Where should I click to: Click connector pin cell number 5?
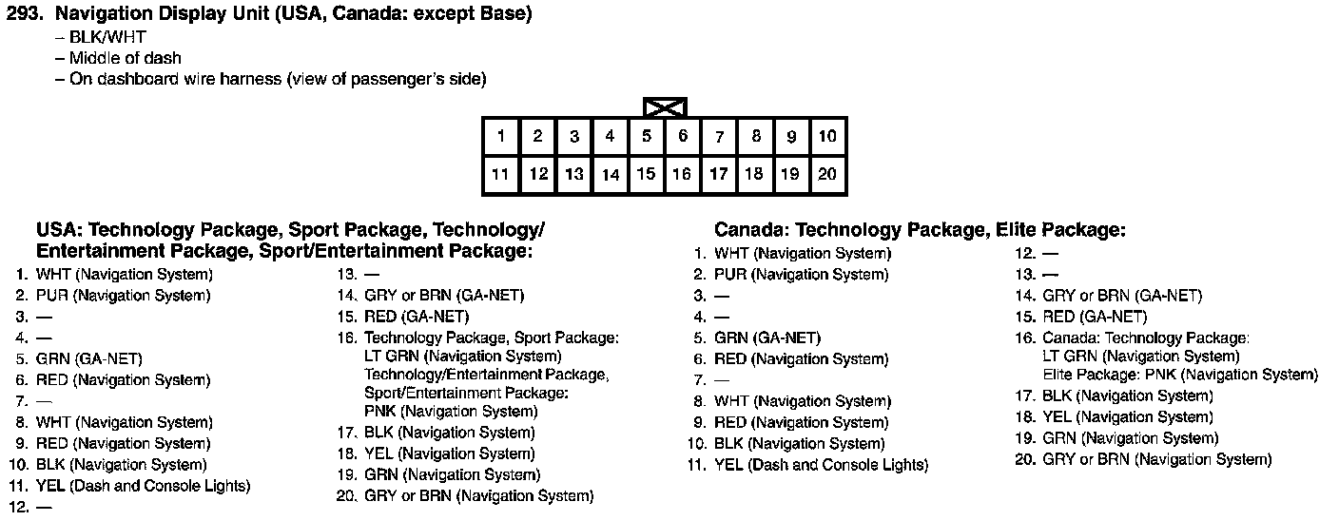pyautogui.click(x=646, y=136)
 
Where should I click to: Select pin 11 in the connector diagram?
pyautogui.click(x=500, y=174)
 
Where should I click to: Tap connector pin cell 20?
pyautogui.click(x=827, y=174)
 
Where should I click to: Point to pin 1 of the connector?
pyautogui.click(x=500, y=136)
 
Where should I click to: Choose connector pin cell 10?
pyautogui.click(x=827, y=136)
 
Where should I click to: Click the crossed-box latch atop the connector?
pyautogui.click(x=665, y=106)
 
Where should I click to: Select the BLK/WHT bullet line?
pyautogui.click(x=107, y=38)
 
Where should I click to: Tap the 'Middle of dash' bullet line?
pyautogui.click(x=125, y=58)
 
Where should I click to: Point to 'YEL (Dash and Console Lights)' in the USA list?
pyautogui.click(x=143, y=486)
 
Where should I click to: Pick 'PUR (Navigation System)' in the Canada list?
pyautogui.click(x=801, y=275)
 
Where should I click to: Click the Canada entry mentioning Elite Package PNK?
pyautogui.click(x=1180, y=375)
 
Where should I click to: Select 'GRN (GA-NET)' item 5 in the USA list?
pyautogui.click(x=88, y=359)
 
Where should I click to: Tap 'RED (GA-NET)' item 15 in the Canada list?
pyautogui.click(x=1095, y=317)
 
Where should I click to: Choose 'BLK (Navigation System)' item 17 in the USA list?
pyautogui.click(x=449, y=433)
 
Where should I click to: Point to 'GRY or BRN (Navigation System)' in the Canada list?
pyautogui.click(x=1156, y=459)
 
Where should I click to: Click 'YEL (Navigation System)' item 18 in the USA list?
pyautogui.click(x=449, y=453)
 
